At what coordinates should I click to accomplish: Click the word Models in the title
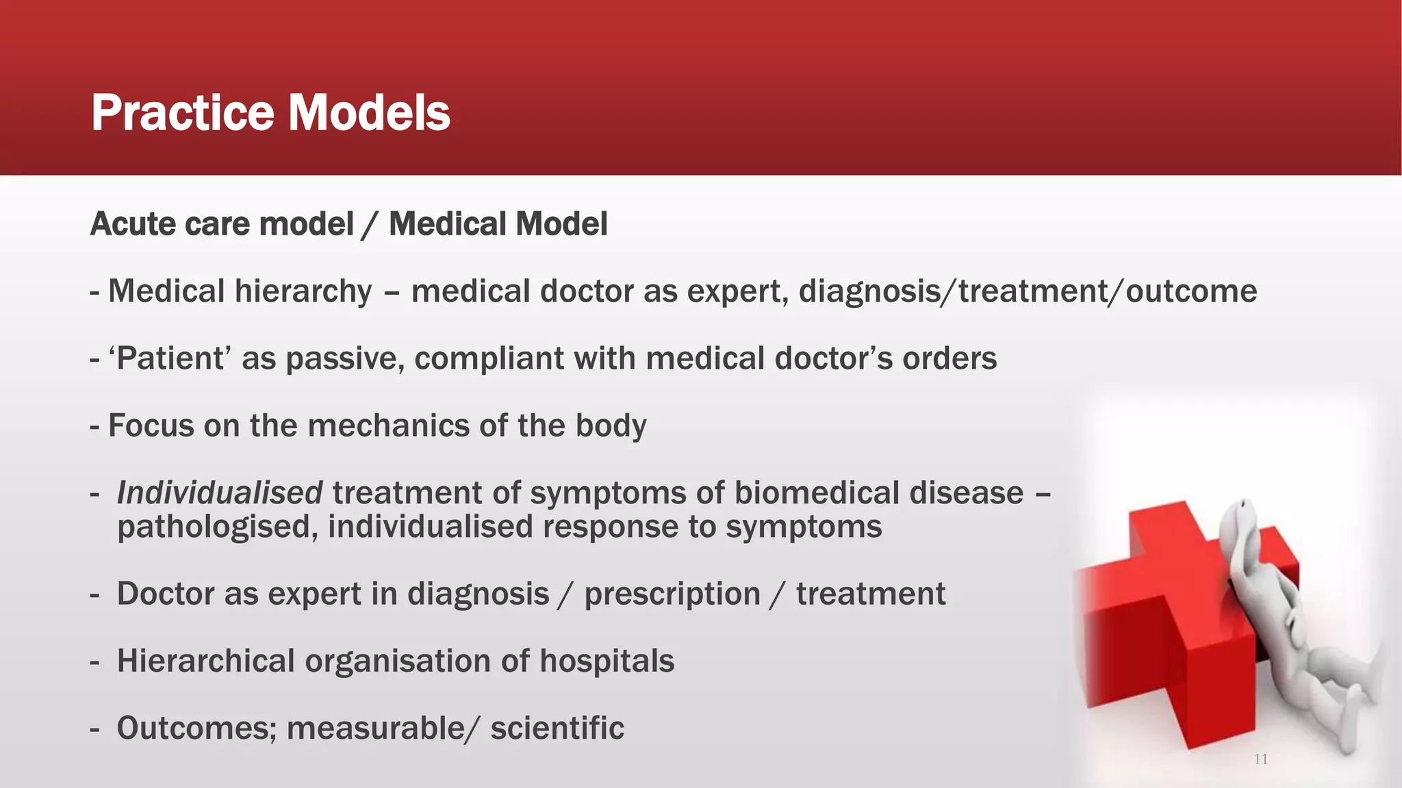point(369,113)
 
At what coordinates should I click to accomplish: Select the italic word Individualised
point(220,492)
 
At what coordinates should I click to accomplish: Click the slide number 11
point(1261,759)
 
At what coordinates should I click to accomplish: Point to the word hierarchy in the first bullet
point(303,292)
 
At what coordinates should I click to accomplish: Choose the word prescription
point(672,594)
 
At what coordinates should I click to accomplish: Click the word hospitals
point(607,661)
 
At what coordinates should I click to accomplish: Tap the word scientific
point(557,728)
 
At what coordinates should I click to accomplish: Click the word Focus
point(151,425)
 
